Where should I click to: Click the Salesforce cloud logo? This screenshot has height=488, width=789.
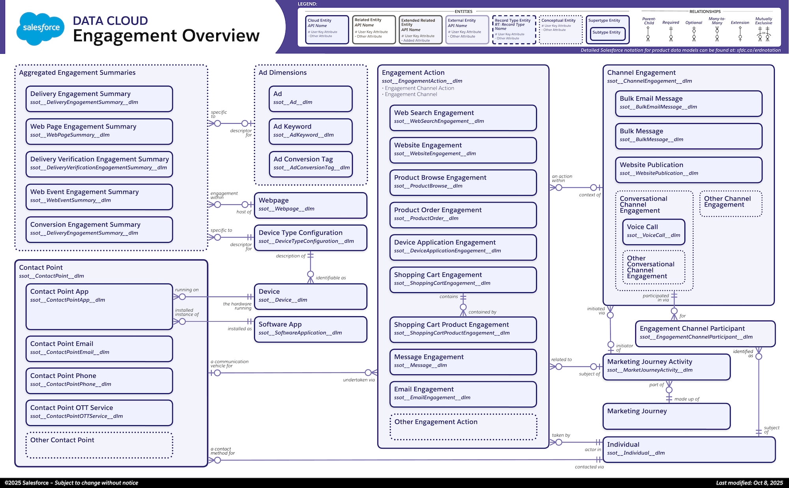pyautogui.click(x=41, y=28)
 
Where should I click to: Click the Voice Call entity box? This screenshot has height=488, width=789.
pyautogui.click(x=654, y=231)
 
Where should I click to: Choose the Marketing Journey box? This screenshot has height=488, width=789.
pyautogui.click(x=666, y=416)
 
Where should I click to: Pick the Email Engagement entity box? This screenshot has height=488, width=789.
pyautogui.click(x=463, y=394)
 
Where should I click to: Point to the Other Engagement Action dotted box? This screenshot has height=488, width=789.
pyautogui.click(x=464, y=427)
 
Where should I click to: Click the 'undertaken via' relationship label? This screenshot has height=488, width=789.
pyautogui.click(x=359, y=380)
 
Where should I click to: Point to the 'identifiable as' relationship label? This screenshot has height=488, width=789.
pyautogui.click(x=331, y=278)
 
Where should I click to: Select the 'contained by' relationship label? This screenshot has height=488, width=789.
pyautogui.click(x=482, y=312)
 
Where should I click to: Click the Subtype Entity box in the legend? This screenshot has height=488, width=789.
pyautogui.click(x=606, y=33)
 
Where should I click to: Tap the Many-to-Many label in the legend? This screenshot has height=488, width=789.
pyautogui.click(x=717, y=21)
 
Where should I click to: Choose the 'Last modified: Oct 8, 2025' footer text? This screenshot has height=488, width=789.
pyautogui.click(x=749, y=483)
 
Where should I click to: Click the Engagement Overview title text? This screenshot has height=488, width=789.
pyautogui.click(x=166, y=36)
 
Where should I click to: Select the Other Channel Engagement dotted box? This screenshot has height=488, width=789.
pyautogui.click(x=731, y=204)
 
